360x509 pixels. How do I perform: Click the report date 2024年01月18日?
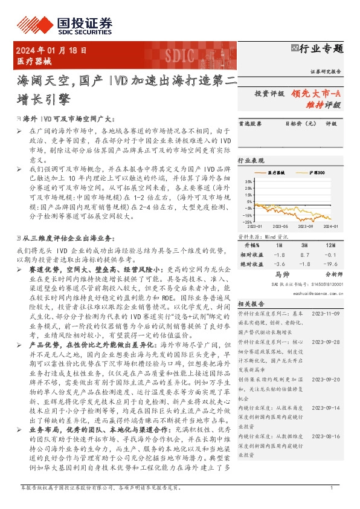point(51,51)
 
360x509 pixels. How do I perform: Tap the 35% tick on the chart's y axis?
point(248,181)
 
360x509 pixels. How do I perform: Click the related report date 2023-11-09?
point(327,314)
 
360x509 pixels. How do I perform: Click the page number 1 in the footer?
point(332,504)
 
